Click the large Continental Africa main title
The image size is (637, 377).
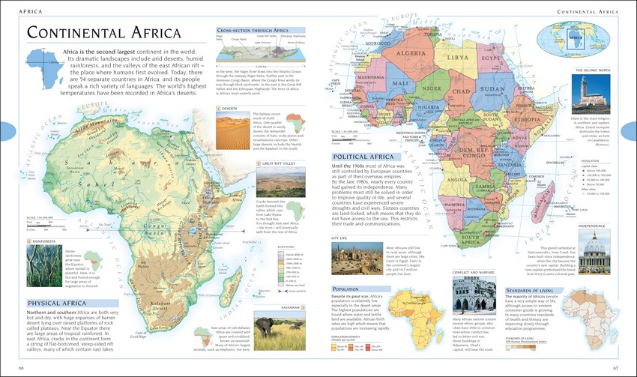click(x=103, y=34)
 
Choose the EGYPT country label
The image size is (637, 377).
click(x=491, y=58)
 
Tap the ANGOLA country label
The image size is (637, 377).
click(x=456, y=180)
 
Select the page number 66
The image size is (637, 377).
click(x=21, y=367)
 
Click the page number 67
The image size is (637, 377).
click(x=615, y=367)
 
